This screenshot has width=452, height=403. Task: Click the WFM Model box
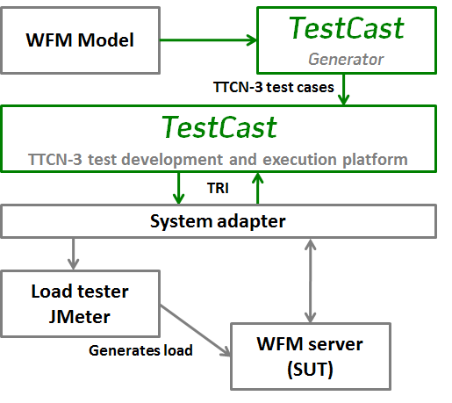(80, 40)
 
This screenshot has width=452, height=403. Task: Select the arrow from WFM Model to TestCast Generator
(208, 40)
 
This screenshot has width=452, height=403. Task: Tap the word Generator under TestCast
(346, 60)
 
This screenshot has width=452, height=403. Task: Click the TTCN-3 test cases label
(274, 87)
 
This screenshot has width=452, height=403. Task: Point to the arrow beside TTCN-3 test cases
(344, 90)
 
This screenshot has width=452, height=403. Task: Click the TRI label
(218, 188)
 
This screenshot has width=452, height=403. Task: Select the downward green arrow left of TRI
(178, 188)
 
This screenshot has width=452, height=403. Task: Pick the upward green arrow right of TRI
(257, 188)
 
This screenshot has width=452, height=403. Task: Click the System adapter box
(219, 221)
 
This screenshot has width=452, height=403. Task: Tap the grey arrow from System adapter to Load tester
(73, 254)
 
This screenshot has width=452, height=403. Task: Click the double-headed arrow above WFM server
(310, 281)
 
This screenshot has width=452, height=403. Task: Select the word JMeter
(79, 317)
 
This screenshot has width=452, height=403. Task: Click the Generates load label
(140, 350)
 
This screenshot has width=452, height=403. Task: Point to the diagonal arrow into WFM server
(196, 330)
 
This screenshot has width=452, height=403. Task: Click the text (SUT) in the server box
(310, 370)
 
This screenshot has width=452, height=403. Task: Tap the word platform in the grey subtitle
(375, 160)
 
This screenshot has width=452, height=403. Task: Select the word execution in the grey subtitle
(299, 160)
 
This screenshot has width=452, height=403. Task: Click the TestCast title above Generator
(347, 28)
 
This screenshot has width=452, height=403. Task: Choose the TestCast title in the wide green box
(219, 127)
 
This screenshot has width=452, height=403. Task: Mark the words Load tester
(80, 291)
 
